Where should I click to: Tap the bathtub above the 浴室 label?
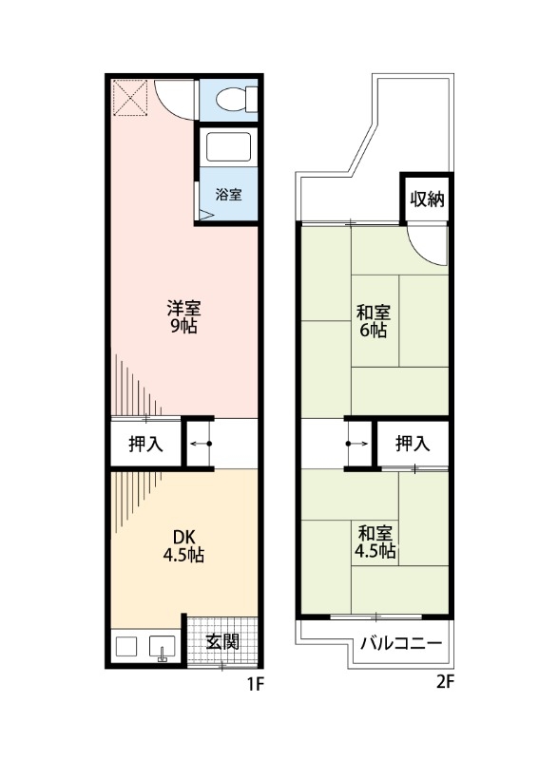tap(228, 148)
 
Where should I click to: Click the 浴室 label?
tap(228, 195)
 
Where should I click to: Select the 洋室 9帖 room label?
tap(183, 317)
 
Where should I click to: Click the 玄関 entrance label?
tap(222, 641)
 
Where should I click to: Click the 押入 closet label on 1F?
tap(145, 444)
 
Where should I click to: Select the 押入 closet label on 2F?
tap(412, 444)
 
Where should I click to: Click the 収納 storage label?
tap(428, 199)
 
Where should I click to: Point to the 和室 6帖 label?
tap(373, 321)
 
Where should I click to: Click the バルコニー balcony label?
tap(400, 643)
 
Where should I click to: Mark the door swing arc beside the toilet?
tap(178, 99)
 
